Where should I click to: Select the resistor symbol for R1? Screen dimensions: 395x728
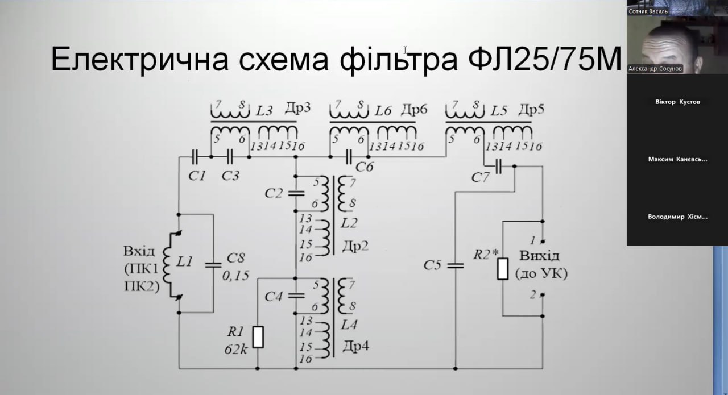[x=258, y=336]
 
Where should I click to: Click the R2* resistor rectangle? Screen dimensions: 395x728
[x=503, y=268]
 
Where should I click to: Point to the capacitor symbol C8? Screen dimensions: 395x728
[x=213, y=264]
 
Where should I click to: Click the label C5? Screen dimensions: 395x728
[x=433, y=265]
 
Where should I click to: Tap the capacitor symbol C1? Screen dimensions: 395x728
[x=195, y=156]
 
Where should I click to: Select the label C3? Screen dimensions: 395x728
[x=230, y=176]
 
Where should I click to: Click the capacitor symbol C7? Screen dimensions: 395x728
[x=499, y=167]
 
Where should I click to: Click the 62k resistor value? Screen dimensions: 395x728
[x=235, y=348]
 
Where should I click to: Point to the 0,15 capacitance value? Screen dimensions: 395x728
[x=235, y=276]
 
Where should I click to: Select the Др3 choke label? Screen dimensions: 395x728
[x=297, y=109]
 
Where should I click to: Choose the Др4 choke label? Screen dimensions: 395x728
[x=356, y=345]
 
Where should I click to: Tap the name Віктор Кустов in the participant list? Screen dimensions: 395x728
[x=677, y=102]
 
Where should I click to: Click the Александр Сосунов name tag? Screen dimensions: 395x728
[x=655, y=69]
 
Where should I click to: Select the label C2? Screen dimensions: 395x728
[x=274, y=193]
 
